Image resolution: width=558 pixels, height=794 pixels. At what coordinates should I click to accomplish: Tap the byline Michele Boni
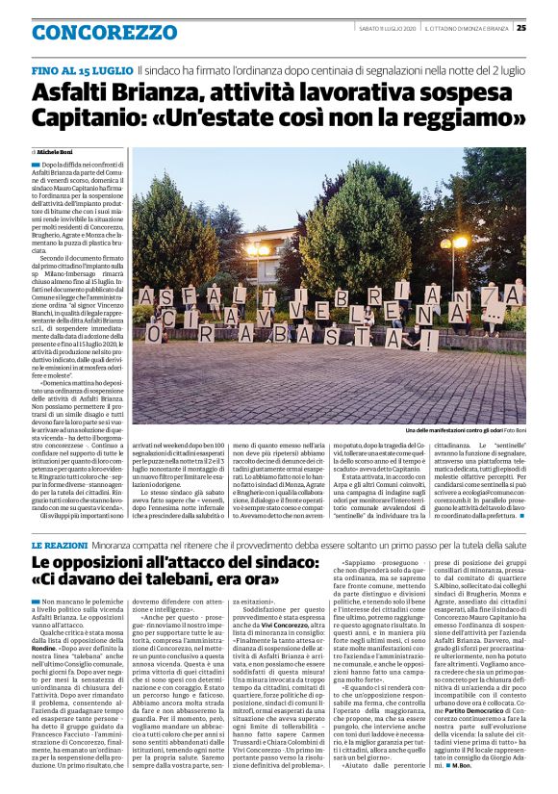click(56, 152)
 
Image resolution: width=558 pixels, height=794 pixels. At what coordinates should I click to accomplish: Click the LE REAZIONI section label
click(63, 519)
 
